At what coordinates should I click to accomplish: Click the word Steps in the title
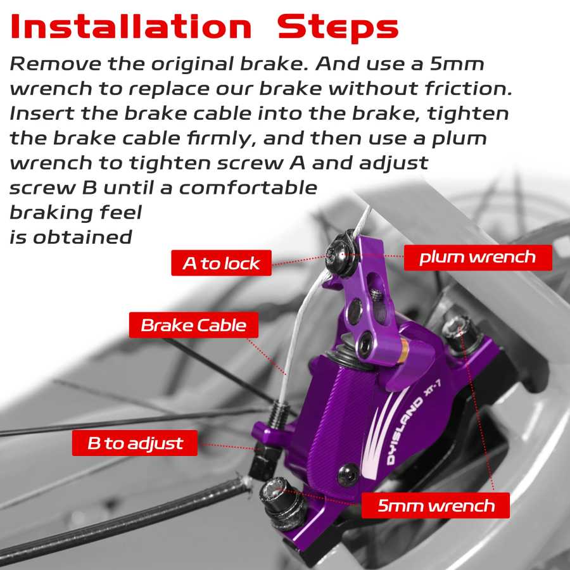point(338,27)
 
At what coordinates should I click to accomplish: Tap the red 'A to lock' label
point(222,263)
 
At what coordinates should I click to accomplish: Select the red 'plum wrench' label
point(478,257)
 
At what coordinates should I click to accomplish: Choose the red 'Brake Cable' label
point(194,325)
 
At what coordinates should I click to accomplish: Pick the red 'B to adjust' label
point(135,443)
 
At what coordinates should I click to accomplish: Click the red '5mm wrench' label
point(436,505)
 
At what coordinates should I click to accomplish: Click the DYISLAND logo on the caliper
point(405,431)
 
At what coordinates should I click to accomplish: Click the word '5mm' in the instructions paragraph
point(457,63)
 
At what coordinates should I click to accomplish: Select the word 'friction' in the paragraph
point(465,88)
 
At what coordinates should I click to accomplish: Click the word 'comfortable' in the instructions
point(248,187)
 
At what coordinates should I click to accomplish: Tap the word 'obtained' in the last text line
point(82,237)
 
